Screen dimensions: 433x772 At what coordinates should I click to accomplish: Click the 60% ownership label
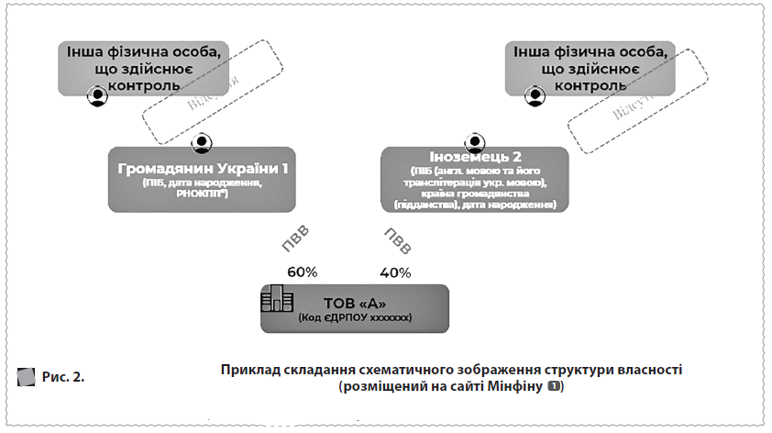tap(302, 272)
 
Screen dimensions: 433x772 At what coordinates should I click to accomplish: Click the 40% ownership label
tap(395, 272)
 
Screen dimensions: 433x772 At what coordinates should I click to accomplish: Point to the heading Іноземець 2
tap(474, 157)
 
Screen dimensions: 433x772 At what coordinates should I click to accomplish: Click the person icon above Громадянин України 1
tap(202, 143)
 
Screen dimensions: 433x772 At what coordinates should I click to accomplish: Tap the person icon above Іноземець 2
tap(474, 143)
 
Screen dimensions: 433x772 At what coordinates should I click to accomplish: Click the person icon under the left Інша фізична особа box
tap(97, 94)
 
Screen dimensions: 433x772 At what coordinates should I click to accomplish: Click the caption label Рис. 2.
tap(63, 375)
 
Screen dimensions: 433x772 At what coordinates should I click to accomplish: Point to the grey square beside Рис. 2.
tap(26, 375)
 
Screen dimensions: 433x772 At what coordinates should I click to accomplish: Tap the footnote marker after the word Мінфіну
tap(554, 388)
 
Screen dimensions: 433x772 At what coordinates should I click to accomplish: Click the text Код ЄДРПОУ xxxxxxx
tap(354, 317)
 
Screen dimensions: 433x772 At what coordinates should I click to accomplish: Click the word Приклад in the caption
tap(248, 370)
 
